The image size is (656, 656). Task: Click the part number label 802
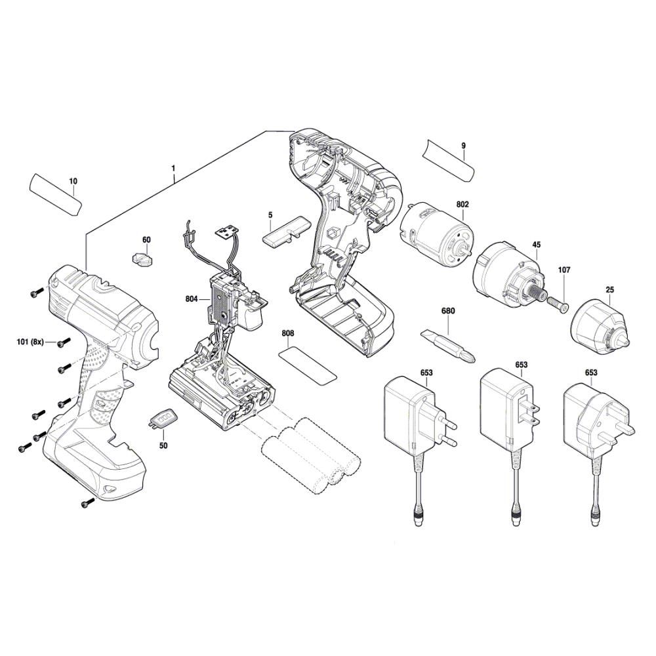click(x=462, y=205)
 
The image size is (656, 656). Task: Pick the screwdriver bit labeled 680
click(x=450, y=345)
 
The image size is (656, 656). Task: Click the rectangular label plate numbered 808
click(x=308, y=365)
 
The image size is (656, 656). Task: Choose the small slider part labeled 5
click(x=285, y=233)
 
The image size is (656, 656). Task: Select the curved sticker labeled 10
click(x=55, y=194)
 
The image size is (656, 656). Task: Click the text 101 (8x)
click(x=30, y=342)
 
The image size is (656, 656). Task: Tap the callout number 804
click(x=192, y=299)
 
